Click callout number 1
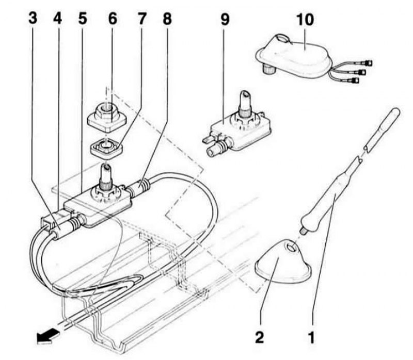pyautogui.click(x=311, y=337)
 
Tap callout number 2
pyautogui.click(x=260, y=337)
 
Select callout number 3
pyautogui.click(x=33, y=19)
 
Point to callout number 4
pyautogui.click(x=57, y=19)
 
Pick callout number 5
pyautogui.click(x=83, y=19)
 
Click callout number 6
pyautogui.click(x=113, y=19)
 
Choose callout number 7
pyautogui.click(x=141, y=19)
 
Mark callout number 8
pyautogui.click(x=167, y=19)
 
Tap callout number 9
pyautogui.click(x=225, y=19)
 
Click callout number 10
pyautogui.click(x=305, y=20)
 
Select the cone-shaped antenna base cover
pyautogui.click(x=282, y=261)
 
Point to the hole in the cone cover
pyautogui.click(x=291, y=247)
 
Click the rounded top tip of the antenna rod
pyautogui.click(x=395, y=112)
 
